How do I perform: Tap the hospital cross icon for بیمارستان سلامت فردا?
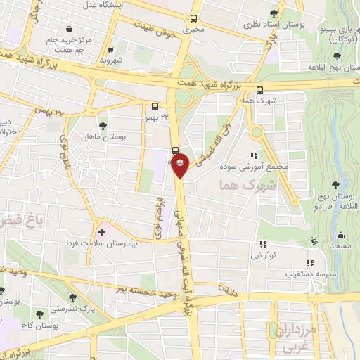[x=102, y=231]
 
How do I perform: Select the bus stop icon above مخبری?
[x=194, y=20]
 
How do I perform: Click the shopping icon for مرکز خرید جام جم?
[x=70, y=29]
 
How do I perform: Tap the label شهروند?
[x=111, y=61]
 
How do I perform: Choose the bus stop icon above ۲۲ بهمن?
[x=155, y=107]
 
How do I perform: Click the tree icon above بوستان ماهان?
[x=103, y=126]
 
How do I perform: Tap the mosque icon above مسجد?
[x=341, y=236]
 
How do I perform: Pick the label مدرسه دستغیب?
[x=304, y=273]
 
